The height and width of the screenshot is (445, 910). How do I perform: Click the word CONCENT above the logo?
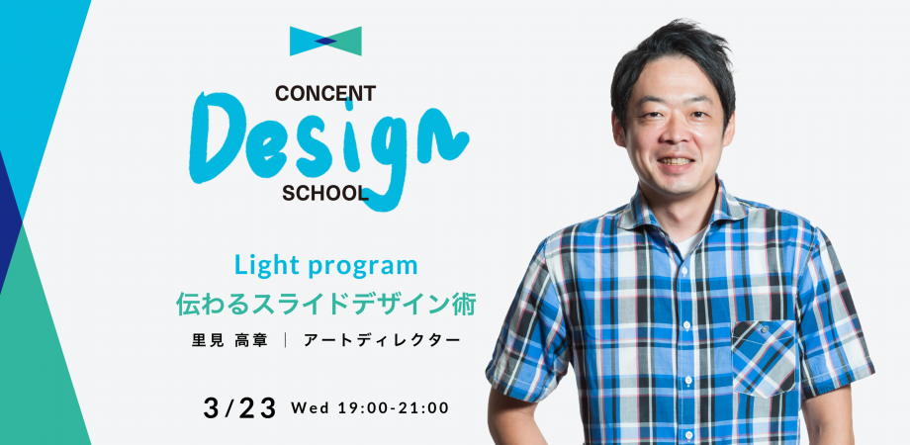pyautogui.click(x=325, y=93)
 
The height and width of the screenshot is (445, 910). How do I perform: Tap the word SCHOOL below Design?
pyautogui.click(x=325, y=194)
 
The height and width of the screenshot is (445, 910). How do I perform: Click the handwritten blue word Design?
pyautogui.click(x=328, y=148)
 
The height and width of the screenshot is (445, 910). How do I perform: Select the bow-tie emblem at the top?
pyautogui.click(x=325, y=42)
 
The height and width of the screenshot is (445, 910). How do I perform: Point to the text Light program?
pyautogui.click(x=325, y=266)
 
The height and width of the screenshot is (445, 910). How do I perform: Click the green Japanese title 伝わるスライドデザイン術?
pyautogui.click(x=325, y=304)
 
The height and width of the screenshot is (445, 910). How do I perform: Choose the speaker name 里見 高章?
pyautogui.click(x=229, y=340)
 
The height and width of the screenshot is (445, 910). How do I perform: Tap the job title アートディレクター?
pyautogui.click(x=382, y=340)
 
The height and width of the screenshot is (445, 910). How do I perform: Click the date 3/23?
pyautogui.click(x=239, y=408)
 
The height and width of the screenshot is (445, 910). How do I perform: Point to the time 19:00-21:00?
pyautogui.click(x=393, y=407)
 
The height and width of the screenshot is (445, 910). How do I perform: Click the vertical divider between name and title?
pyautogui.click(x=286, y=340)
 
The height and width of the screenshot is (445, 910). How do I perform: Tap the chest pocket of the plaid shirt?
pyautogui.click(x=764, y=359)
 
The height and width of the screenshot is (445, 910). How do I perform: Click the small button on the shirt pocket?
pyautogui.click(x=764, y=328)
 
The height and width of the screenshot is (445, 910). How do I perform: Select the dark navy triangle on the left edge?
pyautogui.click(x=10, y=221)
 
